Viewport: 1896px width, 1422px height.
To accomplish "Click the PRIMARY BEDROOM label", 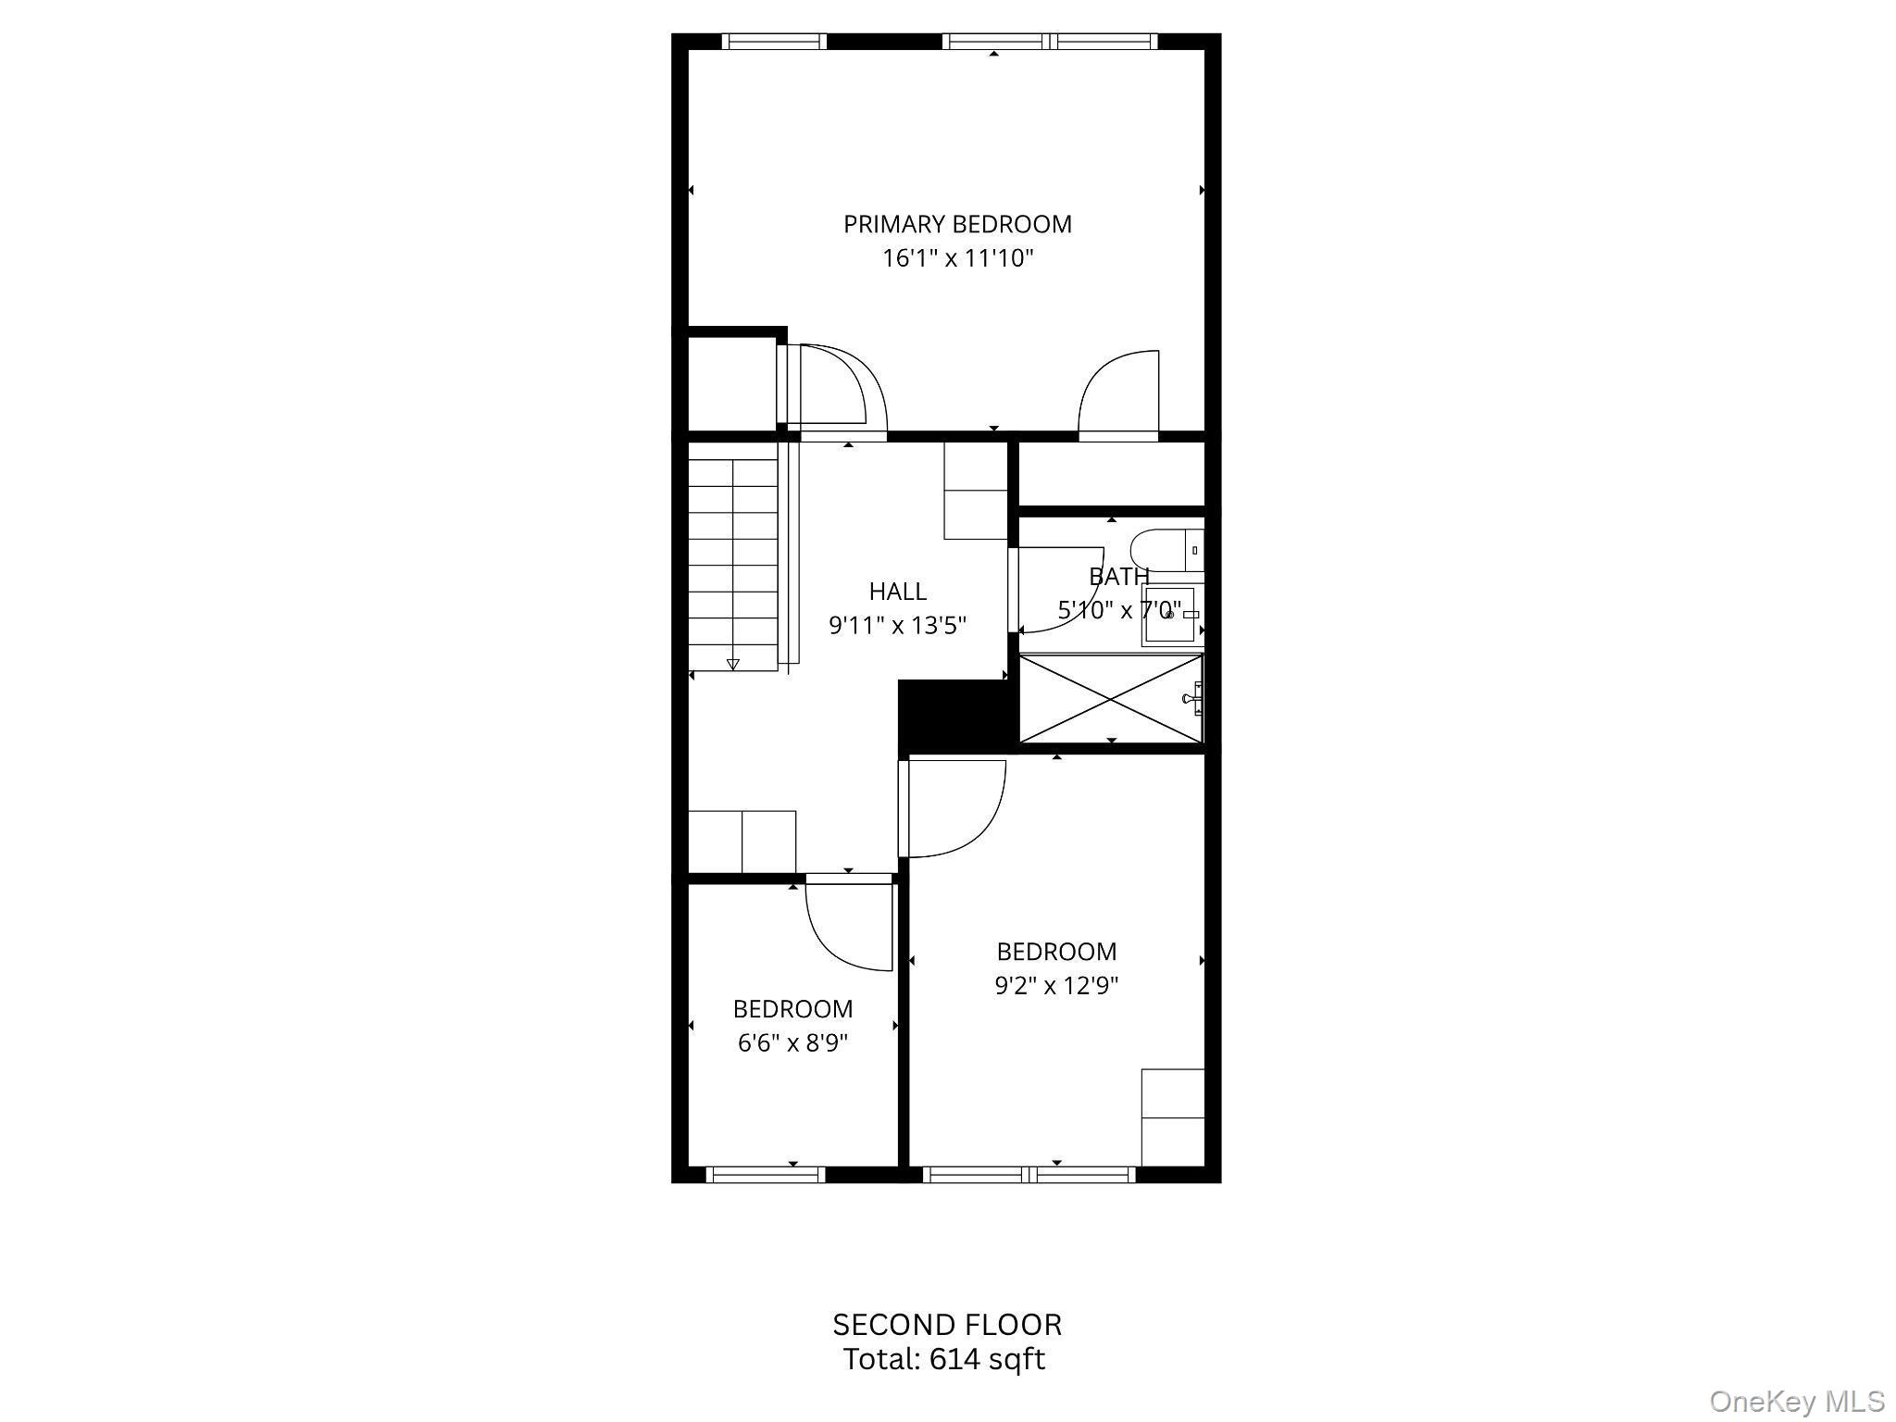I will coord(957,224).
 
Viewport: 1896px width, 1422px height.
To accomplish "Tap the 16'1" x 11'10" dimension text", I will coord(957,258).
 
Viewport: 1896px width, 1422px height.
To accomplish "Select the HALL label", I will coord(897,591).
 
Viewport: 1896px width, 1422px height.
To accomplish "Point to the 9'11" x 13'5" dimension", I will coord(897,626).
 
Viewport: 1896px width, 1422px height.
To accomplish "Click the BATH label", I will coord(1118,577).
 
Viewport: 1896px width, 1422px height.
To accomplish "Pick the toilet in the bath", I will coord(1166,550).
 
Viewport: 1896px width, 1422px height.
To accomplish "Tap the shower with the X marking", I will coord(1110,698).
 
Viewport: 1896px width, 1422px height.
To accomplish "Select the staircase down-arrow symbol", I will coord(733,664).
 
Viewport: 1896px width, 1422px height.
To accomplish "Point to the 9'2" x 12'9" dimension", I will coord(1056,986).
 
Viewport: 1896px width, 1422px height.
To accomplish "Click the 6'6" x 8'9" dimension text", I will coord(792,1043).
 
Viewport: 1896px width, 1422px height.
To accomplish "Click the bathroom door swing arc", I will coord(1060,592).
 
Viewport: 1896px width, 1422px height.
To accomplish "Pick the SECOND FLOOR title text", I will coord(947,1325).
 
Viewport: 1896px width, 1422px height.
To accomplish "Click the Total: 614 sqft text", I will coord(943,1359).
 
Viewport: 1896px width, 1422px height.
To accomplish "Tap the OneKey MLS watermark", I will coord(1796,1402).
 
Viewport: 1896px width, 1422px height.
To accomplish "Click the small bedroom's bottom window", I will coord(766,1175).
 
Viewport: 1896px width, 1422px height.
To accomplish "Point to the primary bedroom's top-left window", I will coord(773,42).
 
